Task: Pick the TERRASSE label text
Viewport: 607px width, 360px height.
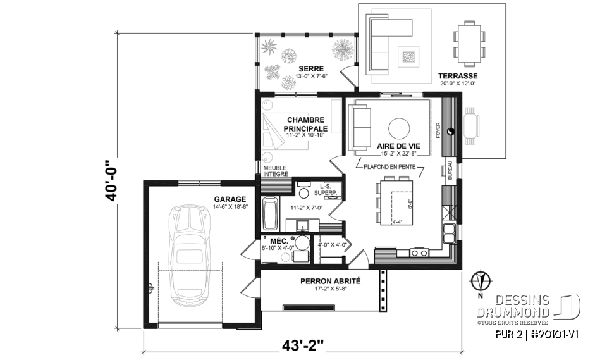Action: pos(457,75)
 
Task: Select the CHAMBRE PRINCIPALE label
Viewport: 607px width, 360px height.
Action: pos(305,123)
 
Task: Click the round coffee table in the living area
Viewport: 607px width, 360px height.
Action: pos(400,128)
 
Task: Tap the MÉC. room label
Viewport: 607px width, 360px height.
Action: pos(279,242)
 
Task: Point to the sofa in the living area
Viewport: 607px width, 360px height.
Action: pos(362,127)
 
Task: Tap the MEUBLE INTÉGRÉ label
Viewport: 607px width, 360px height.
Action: pos(276,170)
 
